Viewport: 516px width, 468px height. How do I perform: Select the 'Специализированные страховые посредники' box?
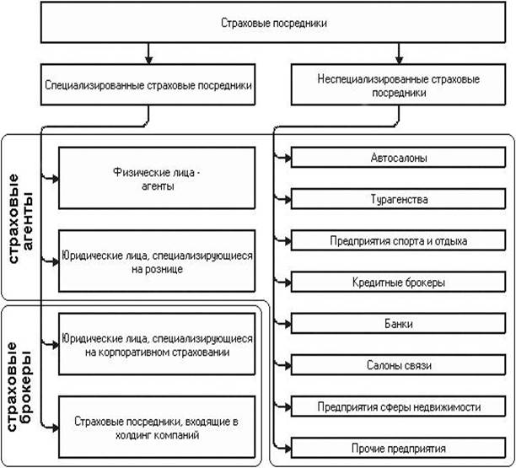(x=148, y=86)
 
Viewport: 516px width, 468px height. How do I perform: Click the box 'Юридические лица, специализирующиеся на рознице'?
(x=157, y=261)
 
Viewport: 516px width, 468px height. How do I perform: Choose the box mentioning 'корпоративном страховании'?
(x=157, y=344)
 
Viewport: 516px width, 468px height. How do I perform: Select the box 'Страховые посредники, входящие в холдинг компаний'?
(x=157, y=426)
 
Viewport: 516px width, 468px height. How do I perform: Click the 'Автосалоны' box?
(x=398, y=159)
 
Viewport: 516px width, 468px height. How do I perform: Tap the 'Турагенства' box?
(x=398, y=200)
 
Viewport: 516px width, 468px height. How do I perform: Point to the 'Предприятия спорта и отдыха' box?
(x=398, y=241)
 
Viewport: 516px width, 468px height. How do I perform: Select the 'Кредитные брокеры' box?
(x=398, y=282)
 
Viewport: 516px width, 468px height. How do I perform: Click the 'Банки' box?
(x=398, y=323)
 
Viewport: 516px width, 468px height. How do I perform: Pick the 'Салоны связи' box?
(x=398, y=364)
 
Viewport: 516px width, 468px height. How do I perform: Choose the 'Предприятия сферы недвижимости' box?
(x=398, y=406)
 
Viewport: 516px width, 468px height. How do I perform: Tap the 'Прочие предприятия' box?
(x=398, y=448)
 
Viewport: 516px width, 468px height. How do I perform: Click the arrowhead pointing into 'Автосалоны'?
(x=287, y=159)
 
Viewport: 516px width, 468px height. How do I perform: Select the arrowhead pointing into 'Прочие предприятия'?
(x=287, y=448)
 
